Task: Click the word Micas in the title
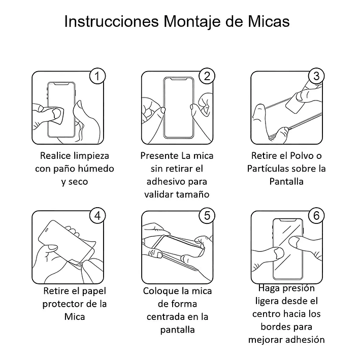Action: pyautogui.click(x=267, y=22)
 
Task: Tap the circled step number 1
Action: pyautogui.click(x=97, y=76)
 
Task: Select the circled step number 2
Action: pyautogui.click(x=206, y=76)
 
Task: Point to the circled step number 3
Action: pyautogui.click(x=316, y=76)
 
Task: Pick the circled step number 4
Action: pyautogui.click(x=97, y=215)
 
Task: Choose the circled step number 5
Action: pyautogui.click(x=206, y=215)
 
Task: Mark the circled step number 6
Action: pyautogui.click(x=316, y=215)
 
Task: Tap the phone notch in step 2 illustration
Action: pyautogui.click(x=179, y=80)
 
